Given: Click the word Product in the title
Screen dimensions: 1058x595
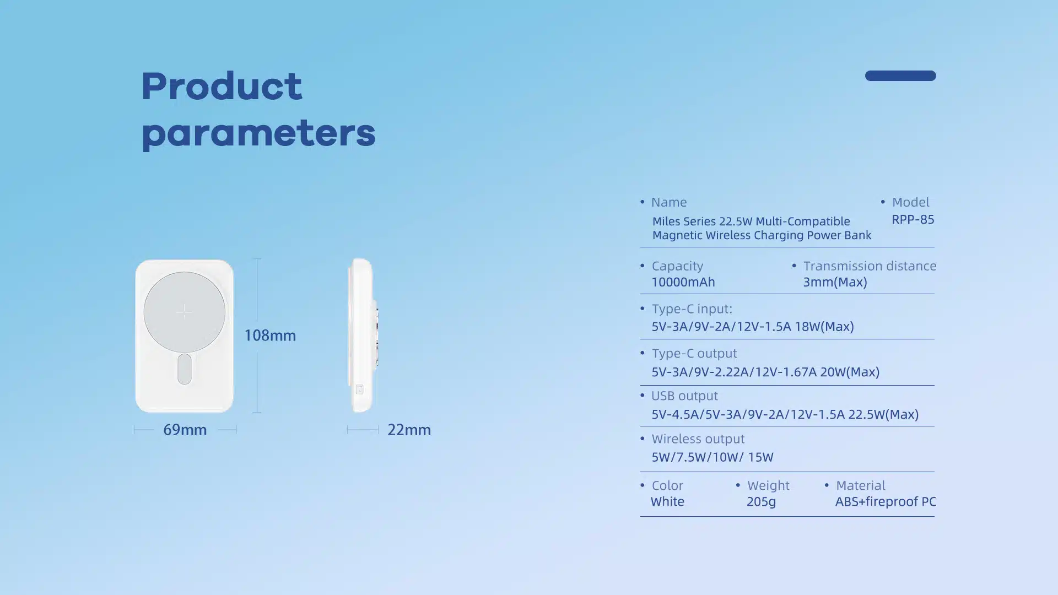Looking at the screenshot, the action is (222, 86).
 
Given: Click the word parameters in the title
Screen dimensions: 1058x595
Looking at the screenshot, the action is (258, 134).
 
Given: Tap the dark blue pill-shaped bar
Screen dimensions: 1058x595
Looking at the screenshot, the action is (900, 75).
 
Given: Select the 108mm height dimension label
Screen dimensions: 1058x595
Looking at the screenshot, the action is (270, 335).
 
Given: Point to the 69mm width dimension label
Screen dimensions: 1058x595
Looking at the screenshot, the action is (185, 430).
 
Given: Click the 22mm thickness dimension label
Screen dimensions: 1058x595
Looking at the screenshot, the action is (409, 430).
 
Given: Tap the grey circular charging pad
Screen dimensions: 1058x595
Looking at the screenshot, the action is (184, 312).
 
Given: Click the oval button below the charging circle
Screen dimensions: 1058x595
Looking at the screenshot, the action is (185, 369).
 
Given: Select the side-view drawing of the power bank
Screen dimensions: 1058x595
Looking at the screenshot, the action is (363, 335).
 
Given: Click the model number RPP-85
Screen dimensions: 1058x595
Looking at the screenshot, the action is (913, 219).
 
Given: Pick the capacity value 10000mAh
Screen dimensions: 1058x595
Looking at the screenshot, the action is (683, 282).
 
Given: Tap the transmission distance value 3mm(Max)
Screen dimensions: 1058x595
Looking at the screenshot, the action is (835, 282).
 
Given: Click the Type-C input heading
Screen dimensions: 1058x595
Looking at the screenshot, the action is (692, 309).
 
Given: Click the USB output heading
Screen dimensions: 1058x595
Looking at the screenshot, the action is (684, 396).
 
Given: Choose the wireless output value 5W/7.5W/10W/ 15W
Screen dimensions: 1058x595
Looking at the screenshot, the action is (712, 457).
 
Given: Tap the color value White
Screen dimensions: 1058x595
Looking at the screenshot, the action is (667, 501).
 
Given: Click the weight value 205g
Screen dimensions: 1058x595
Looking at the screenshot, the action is (761, 502).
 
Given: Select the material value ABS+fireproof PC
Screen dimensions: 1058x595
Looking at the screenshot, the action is (886, 501).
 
